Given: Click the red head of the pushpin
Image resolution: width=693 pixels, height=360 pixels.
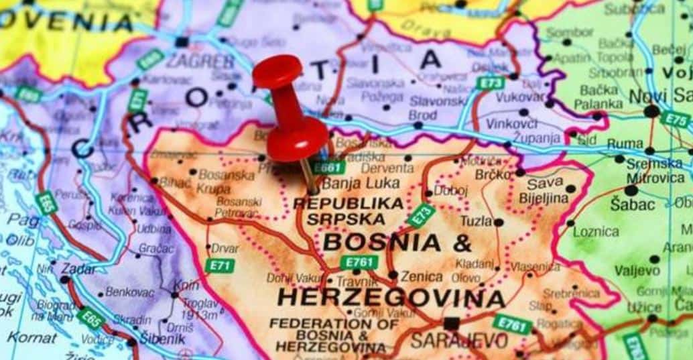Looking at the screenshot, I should click(x=277, y=70).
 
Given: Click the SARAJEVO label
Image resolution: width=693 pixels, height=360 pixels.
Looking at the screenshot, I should click(x=459, y=341).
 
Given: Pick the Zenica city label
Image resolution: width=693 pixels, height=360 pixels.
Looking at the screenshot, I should click(x=422, y=276).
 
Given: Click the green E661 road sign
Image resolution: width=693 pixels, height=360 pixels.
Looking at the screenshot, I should click(x=329, y=167).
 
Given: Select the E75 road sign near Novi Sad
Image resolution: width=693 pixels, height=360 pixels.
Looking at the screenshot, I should click(x=675, y=119).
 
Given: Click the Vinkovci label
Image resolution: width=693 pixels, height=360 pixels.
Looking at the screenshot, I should click(x=511, y=123).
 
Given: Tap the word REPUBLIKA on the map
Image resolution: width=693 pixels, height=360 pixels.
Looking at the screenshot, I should click(x=349, y=202).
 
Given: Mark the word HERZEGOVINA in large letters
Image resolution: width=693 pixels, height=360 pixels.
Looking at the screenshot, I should click(x=391, y=297).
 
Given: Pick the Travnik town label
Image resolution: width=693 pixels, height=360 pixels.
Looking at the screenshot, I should click(x=357, y=282).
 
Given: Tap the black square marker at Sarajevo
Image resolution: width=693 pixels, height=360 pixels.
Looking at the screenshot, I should click(x=452, y=323).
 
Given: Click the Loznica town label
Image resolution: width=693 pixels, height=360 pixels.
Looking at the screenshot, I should click(x=596, y=231).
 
